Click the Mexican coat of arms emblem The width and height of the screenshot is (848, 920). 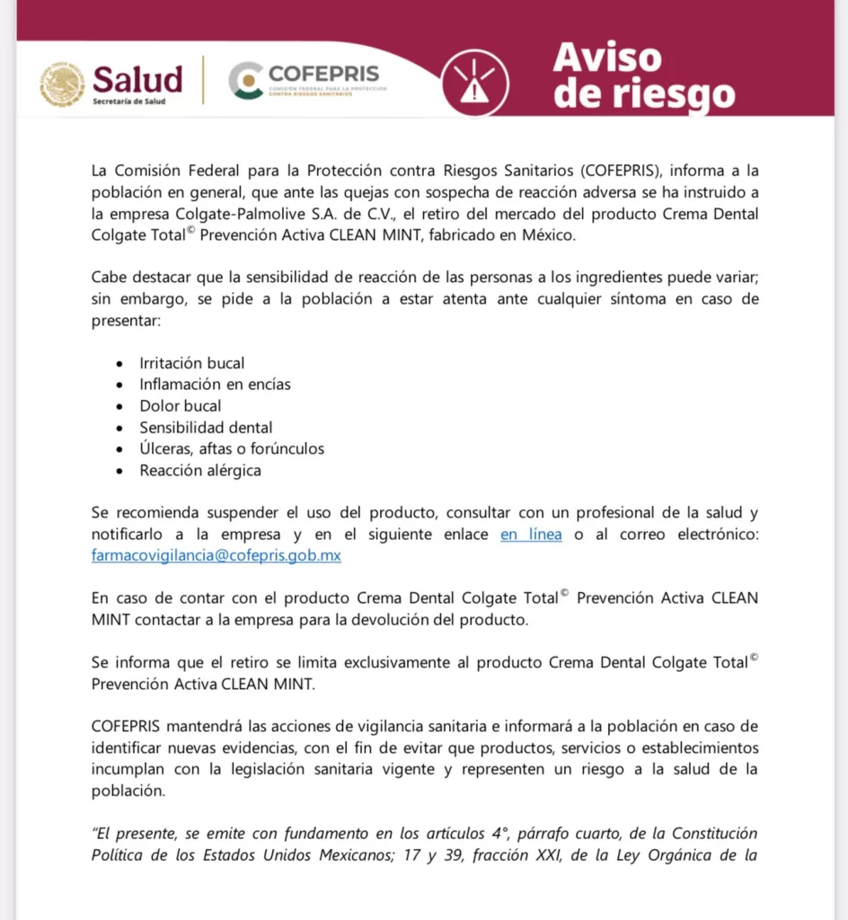click(x=62, y=84)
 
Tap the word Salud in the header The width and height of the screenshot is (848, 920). click(x=137, y=79)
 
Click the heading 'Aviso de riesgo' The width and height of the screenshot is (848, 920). click(x=643, y=75)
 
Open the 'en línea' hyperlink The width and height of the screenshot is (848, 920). click(x=531, y=535)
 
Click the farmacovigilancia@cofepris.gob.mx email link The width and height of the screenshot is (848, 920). click(x=216, y=555)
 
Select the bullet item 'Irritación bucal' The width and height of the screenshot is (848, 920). click(x=191, y=363)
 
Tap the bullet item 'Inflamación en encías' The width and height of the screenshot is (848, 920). click(x=215, y=385)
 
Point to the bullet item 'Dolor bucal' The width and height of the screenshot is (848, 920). click(x=180, y=406)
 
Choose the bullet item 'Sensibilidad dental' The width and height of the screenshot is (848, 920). click(x=206, y=428)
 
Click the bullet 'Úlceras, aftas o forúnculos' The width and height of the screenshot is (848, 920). click(x=232, y=448)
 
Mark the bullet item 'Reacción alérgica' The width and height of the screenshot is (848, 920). click(x=200, y=470)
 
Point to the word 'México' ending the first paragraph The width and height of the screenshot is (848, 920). click(x=542, y=235)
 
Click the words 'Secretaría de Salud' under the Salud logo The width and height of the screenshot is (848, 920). click(x=128, y=102)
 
